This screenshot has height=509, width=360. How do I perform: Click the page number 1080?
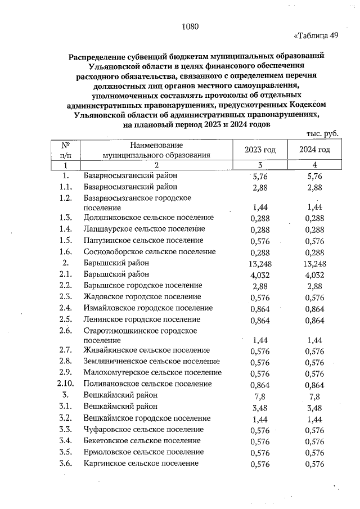(191, 26)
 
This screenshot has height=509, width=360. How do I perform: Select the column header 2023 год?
(260, 150)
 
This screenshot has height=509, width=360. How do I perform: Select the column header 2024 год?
(314, 150)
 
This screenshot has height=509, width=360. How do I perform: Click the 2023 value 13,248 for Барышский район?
(260, 263)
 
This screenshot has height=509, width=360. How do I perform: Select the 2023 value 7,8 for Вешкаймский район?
(260, 395)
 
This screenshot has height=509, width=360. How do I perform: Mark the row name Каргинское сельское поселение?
(141, 463)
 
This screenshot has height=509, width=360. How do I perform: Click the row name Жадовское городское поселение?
(142, 296)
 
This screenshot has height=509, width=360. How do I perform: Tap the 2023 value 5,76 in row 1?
(260, 176)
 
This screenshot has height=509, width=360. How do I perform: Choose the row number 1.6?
(66, 251)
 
